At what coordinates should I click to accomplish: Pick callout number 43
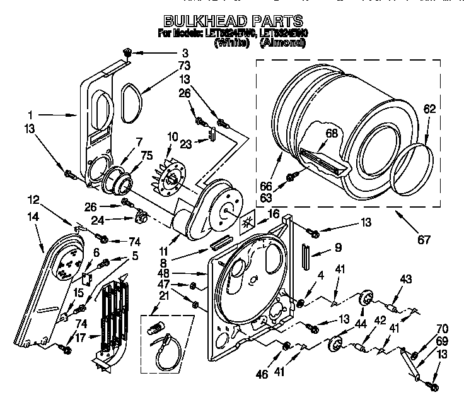(405, 279)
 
